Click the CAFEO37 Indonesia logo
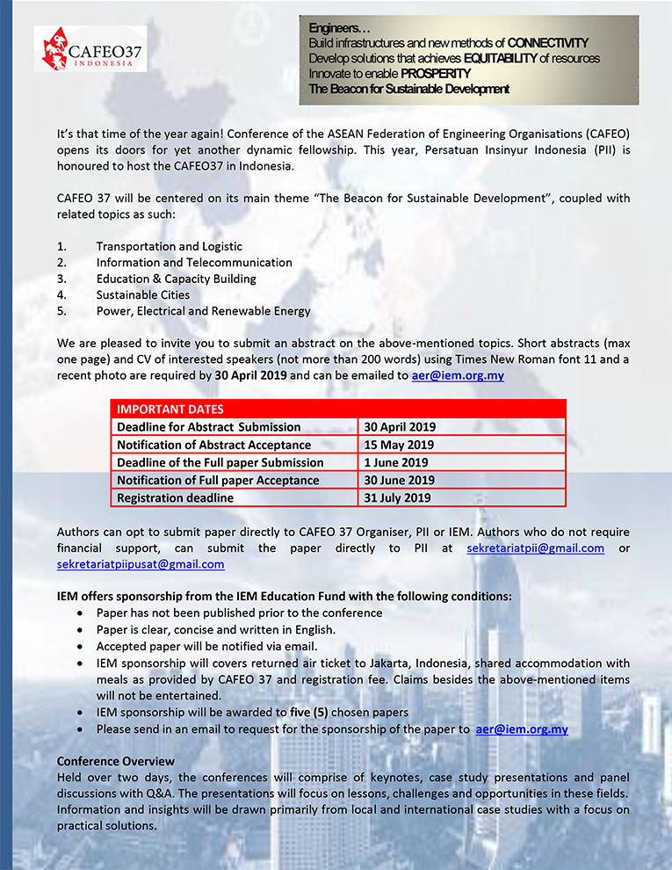[90, 47]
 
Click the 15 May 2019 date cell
[399, 445]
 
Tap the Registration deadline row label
[175, 497]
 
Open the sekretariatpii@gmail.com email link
[535, 548]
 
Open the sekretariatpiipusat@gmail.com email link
[141, 564]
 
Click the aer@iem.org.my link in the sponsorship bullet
[522, 729]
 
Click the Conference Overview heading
[115, 761]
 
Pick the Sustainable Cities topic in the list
[143, 295]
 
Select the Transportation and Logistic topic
[169, 247]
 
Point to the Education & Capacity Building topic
[176, 279]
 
